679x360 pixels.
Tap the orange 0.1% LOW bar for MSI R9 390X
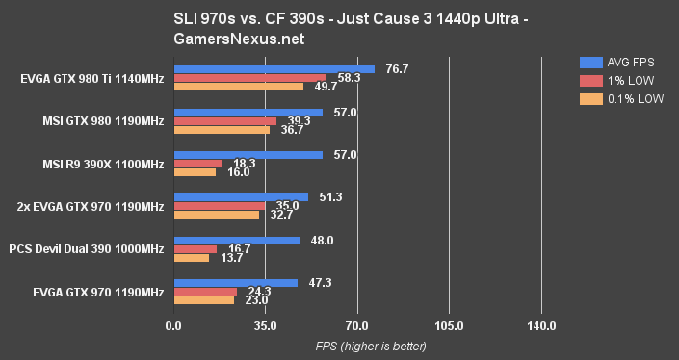(194, 172)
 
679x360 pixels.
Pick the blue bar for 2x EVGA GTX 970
(240, 196)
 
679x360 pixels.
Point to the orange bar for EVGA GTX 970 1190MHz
(203, 299)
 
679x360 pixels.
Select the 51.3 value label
(331, 196)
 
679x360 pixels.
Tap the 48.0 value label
(323, 240)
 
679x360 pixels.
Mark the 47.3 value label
(321, 282)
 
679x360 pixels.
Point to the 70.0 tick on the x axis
(357, 327)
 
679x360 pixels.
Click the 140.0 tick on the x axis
(541, 327)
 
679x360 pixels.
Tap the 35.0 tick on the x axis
(265, 327)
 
